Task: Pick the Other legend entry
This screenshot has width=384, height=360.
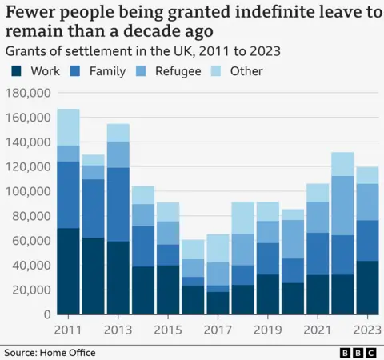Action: coord(246,71)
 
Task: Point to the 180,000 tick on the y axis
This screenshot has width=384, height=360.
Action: coord(27,93)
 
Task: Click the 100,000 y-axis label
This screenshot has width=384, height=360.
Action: coord(27,191)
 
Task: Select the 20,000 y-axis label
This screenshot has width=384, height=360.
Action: coord(30,290)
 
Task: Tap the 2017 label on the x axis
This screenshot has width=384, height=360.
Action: coord(218,330)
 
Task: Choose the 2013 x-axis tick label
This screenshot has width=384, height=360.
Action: coord(118,330)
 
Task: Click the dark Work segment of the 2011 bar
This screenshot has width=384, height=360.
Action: coord(68,271)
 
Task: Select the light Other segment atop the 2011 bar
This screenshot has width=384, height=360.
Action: coord(68,127)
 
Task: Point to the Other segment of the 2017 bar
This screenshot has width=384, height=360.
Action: coord(218,248)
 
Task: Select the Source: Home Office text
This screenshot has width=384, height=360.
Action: coord(50,352)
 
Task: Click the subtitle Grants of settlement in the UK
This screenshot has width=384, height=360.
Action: coord(103,50)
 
